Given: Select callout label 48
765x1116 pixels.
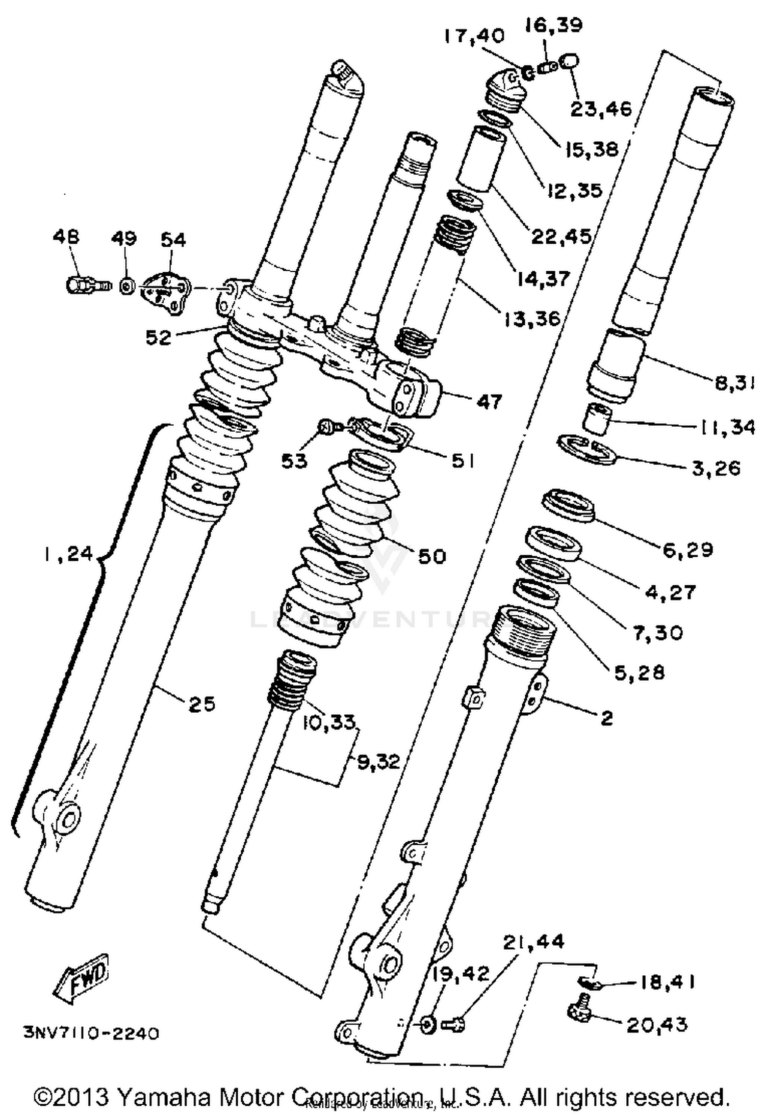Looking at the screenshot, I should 66,237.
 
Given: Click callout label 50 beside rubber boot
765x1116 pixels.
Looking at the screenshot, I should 431,556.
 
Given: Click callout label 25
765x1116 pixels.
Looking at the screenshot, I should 202,704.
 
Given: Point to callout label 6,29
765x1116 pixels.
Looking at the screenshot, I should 687,550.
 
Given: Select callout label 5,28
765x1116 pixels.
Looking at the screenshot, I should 639,672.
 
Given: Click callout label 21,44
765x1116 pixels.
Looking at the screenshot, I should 533,941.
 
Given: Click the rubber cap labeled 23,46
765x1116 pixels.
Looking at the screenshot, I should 569,63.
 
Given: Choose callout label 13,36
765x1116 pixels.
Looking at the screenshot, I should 532,319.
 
